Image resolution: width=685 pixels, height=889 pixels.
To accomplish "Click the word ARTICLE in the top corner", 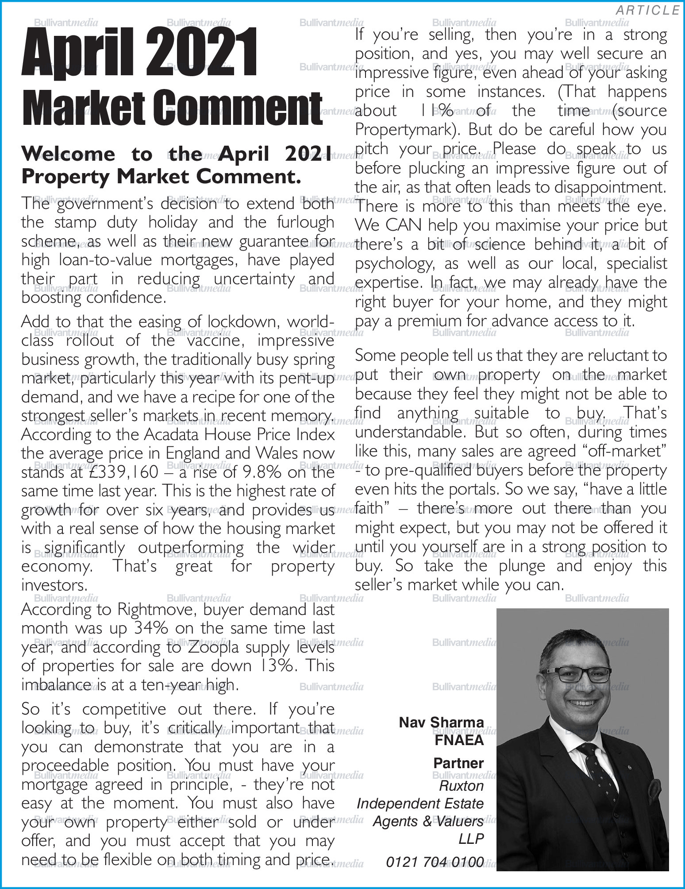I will pyautogui.click(x=647, y=10).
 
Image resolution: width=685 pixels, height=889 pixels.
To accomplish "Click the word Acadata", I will pyautogui.click(x=173, y=435).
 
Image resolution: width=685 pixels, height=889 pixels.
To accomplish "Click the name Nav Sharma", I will pyautogui.click(x=441, y=723).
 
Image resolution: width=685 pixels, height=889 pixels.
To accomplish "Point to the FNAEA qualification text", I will pyautogui.click(x=459, y=741).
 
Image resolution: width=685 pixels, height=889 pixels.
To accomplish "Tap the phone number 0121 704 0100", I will pyautogui.click(x=435, y=862).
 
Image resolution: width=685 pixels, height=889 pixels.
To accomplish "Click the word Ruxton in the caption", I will pyautogui.click(x=462, y=786).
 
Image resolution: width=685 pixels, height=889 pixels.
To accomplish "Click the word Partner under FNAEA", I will pyautogui.click(x=458, y=763).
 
